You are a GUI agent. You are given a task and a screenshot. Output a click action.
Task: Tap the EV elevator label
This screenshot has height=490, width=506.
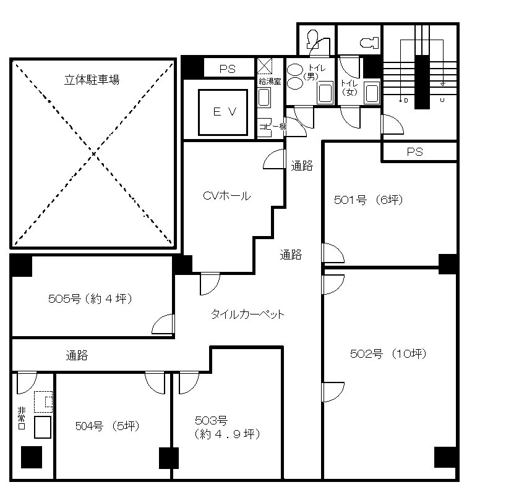221,112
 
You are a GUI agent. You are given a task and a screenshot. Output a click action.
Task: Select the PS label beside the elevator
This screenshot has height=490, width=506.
228,69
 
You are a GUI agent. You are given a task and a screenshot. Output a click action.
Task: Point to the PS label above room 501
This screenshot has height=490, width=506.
414,151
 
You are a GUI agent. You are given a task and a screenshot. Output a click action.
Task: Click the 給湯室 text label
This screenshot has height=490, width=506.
270,81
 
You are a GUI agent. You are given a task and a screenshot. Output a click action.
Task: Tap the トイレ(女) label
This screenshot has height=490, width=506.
349,87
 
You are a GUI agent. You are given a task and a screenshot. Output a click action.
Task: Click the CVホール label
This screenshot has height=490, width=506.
227,196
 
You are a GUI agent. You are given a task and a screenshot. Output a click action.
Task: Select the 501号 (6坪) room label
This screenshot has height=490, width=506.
369,200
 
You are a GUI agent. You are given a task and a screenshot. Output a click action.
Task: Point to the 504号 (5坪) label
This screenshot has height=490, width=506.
108,425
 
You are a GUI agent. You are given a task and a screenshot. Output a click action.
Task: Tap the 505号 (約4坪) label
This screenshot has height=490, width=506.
90,299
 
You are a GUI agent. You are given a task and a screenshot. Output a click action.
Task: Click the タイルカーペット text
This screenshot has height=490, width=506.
247,314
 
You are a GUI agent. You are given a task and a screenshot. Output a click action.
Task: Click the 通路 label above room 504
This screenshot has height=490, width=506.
77,355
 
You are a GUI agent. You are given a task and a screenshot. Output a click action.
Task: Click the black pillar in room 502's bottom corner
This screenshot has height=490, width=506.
445,457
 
